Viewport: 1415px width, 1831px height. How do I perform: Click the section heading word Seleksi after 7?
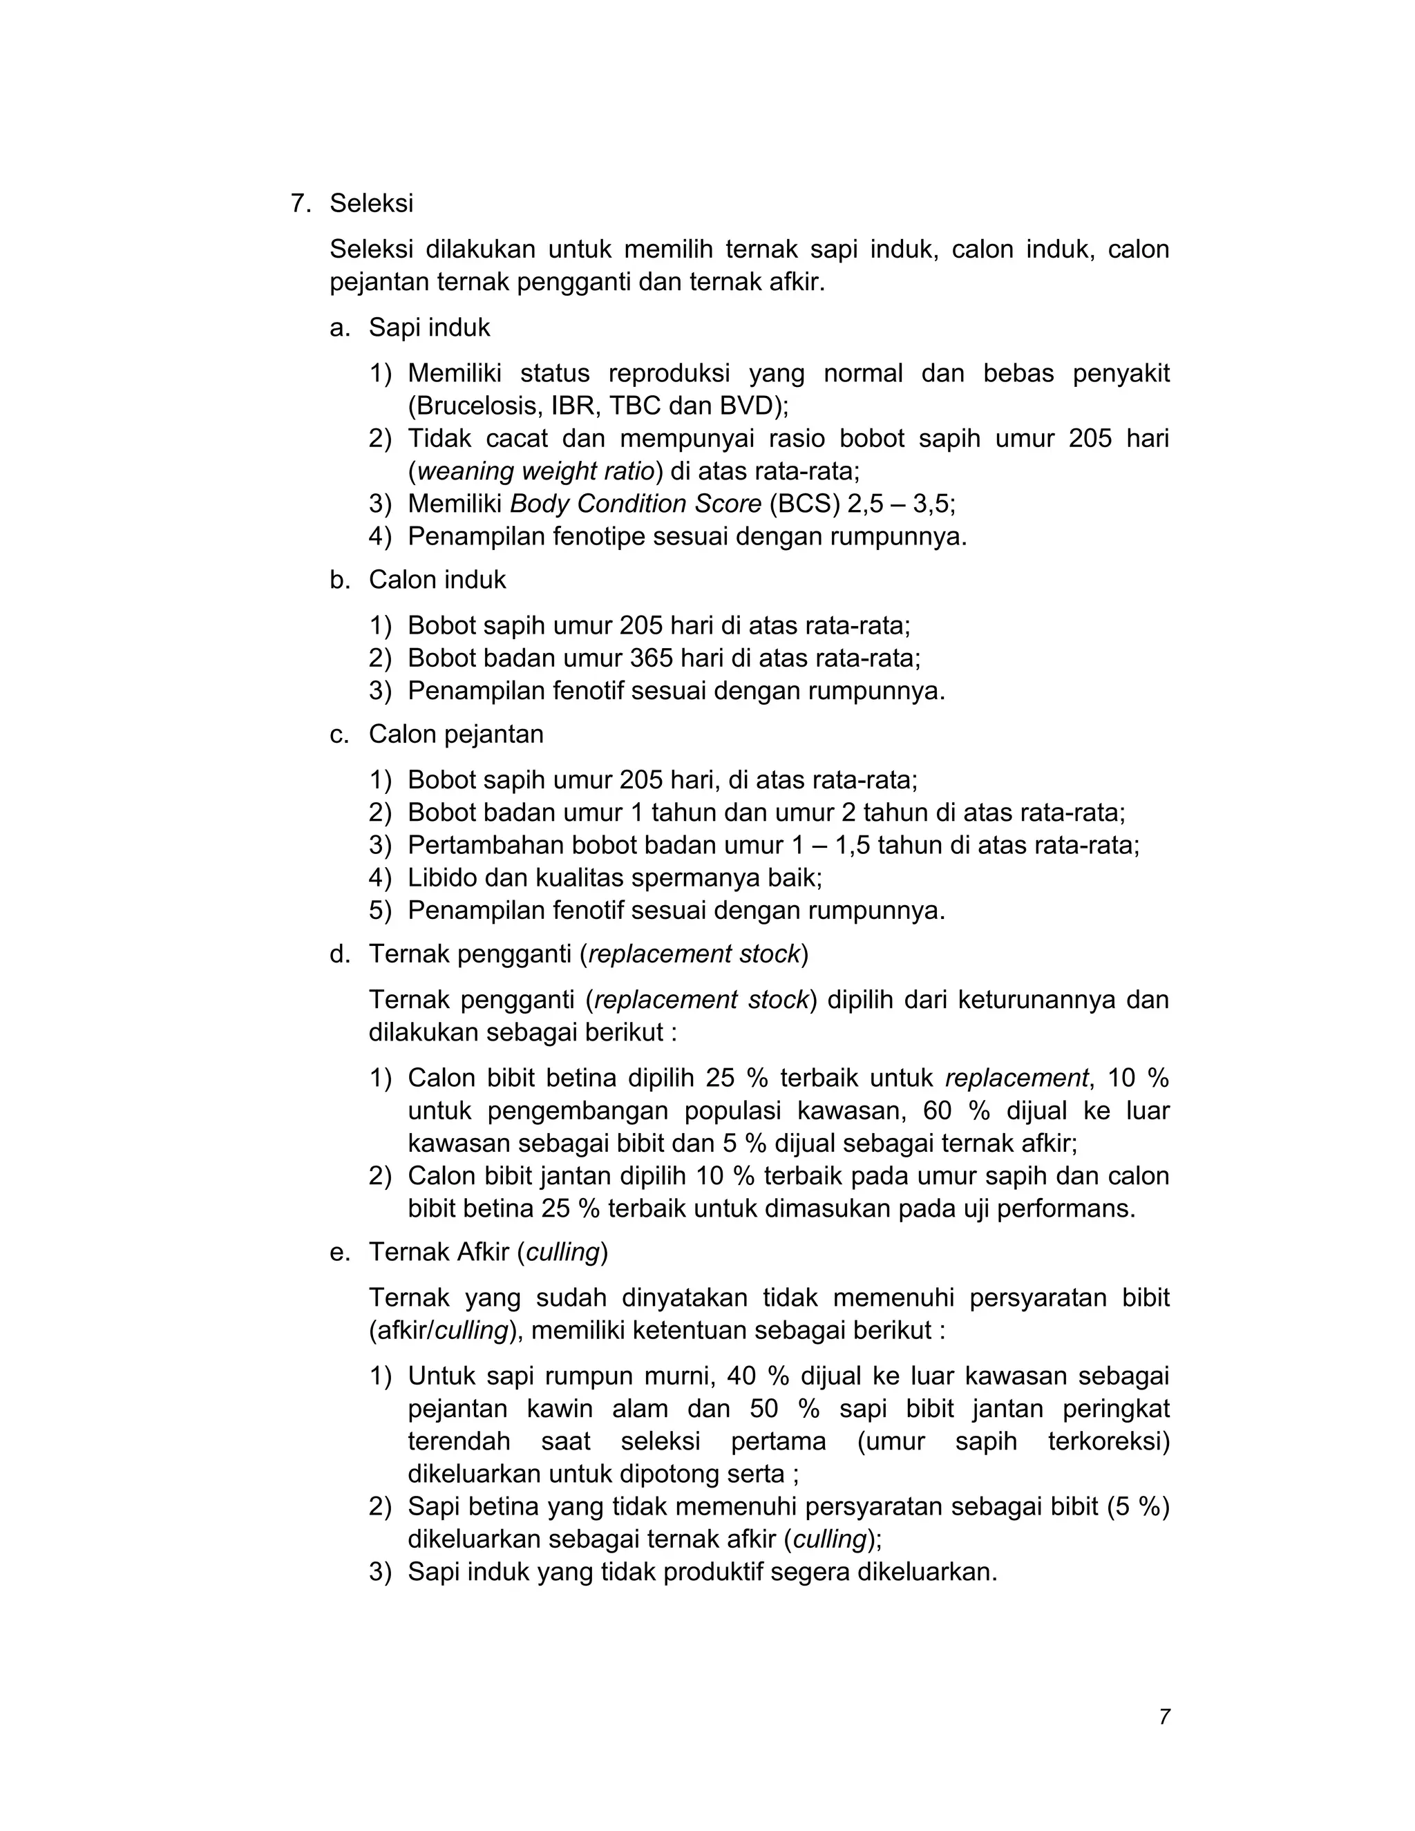(370, 203)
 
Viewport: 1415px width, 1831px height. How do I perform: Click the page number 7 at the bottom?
(1164, 1717)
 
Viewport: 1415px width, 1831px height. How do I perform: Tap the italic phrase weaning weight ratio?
(535, 471)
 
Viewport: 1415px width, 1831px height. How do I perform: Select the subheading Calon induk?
(437, 580)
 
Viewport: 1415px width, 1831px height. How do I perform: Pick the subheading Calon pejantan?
(455, 734)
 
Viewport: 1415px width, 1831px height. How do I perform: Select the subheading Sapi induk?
(428, 328)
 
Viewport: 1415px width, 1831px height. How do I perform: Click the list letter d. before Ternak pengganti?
(339, 954)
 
